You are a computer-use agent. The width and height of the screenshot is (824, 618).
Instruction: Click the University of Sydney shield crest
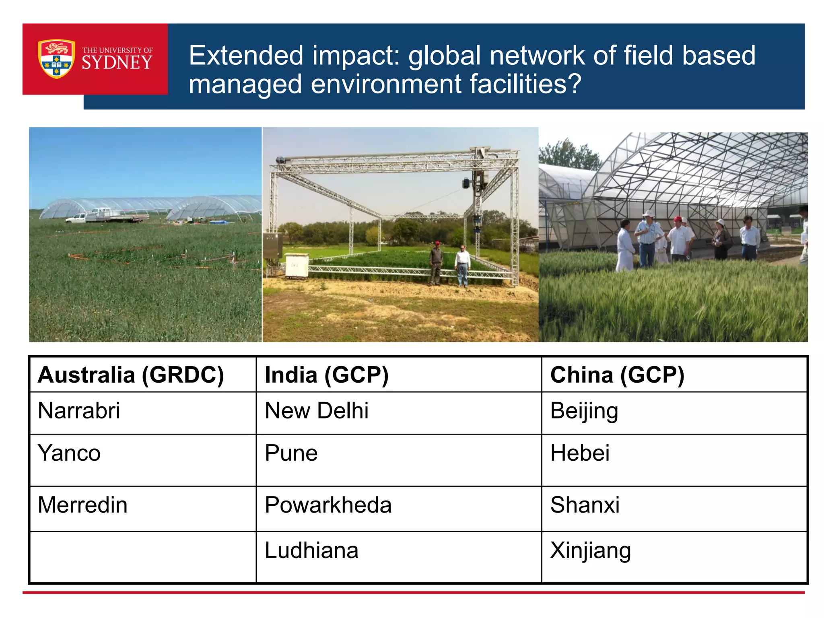(x=56, y=59)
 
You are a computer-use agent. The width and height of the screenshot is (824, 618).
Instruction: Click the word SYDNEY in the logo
(x=117, y=63)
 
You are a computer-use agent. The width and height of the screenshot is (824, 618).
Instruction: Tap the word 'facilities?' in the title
(x=525, y=84)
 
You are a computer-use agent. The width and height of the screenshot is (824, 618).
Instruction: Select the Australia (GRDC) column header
(x=131, y=375)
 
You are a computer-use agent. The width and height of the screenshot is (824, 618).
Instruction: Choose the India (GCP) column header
(x=327, y=375)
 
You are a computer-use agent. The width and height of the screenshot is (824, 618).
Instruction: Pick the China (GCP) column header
(x=617, y=375)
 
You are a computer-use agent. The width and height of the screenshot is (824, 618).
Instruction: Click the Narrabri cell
(x=79, y=411)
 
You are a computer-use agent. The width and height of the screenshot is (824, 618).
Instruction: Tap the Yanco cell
(x=69, y=453)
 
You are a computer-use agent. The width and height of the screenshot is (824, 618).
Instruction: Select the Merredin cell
(x=82, y=505)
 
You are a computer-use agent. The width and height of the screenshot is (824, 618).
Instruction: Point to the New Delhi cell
(x=317, y=411)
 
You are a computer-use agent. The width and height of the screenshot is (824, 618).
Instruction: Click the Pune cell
(x=291, y=453)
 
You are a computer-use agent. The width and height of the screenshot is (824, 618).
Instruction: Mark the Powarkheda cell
(x=328, y=505)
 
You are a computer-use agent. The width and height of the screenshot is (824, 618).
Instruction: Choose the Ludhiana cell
(x=311, y=550)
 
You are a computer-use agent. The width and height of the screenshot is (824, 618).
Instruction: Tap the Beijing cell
(x=584, y=411)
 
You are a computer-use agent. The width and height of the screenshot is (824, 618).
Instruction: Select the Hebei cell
(x=580, y=453)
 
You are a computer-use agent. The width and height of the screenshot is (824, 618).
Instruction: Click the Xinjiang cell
(x=590, y=550)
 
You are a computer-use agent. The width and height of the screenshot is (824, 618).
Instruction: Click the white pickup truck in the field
(x=105, y=216)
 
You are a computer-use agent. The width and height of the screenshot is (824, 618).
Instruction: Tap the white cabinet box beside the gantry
(x=297, y=265)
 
